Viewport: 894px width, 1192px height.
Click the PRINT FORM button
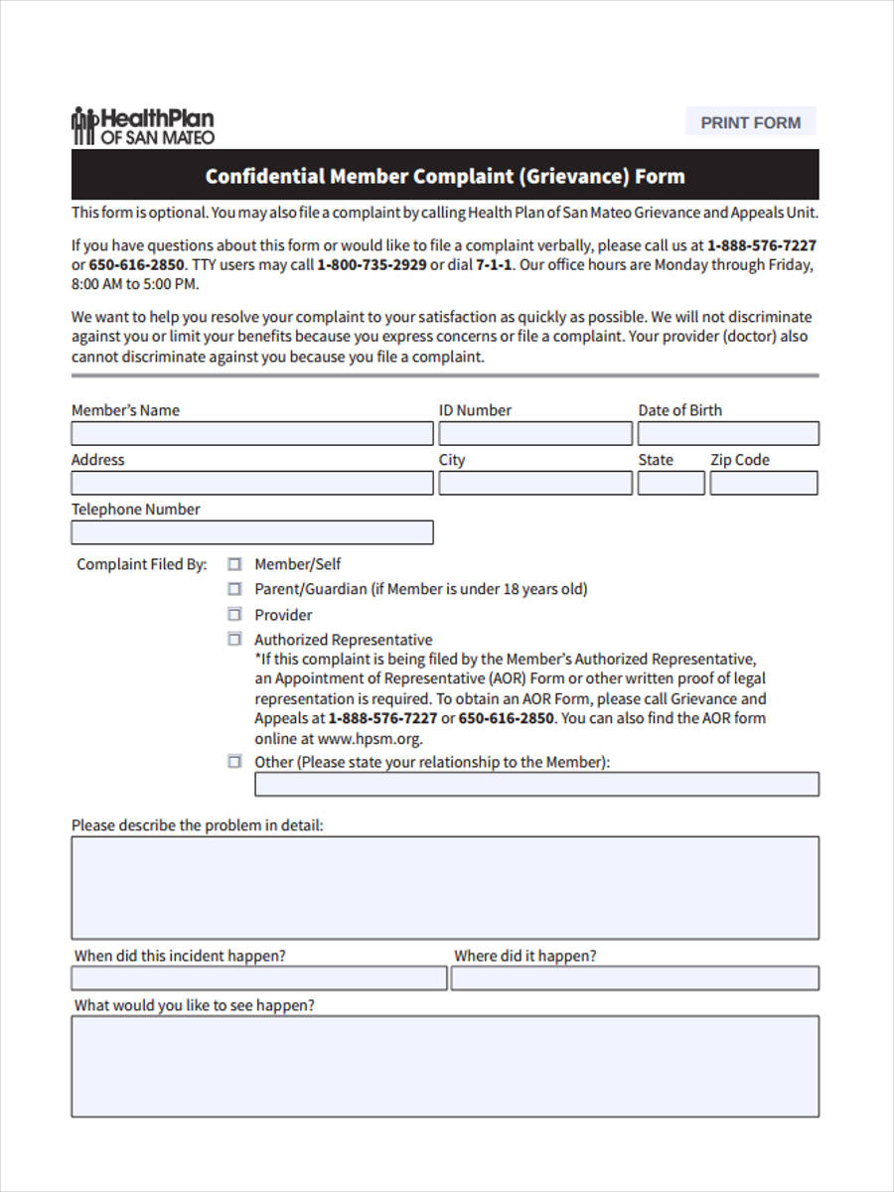750,122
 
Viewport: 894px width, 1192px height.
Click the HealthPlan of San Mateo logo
143,126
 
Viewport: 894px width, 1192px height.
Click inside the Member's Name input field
251,434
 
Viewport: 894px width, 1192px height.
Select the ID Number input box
534,434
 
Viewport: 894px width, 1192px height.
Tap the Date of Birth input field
728,434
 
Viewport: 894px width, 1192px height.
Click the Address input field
251,484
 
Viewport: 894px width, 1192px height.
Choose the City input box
534,484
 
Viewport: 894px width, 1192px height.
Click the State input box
670,484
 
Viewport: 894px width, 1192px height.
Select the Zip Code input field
763,484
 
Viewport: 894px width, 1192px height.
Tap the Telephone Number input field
251,533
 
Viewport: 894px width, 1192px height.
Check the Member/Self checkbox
234,563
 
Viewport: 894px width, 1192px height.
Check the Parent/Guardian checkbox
234,589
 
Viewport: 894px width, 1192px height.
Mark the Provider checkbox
234,614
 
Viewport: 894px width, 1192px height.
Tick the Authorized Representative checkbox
234,640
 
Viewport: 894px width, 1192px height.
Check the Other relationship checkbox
234,762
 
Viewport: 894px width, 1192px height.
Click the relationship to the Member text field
536,785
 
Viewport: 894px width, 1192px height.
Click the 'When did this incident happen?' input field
258,979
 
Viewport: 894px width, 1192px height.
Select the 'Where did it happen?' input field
635,979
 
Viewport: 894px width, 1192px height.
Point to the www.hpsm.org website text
370,739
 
